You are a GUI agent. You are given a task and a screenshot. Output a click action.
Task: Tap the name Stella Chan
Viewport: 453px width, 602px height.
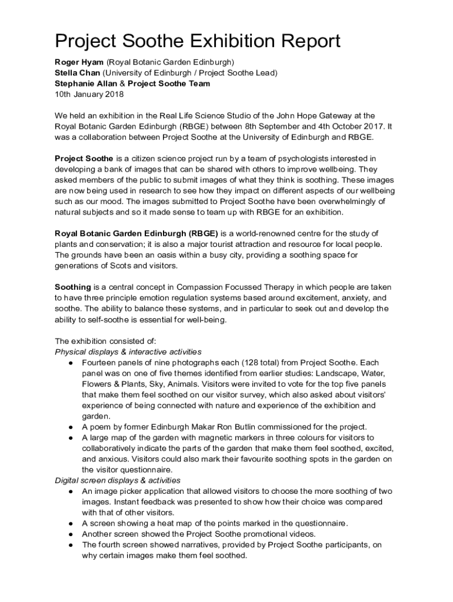click(78, 73)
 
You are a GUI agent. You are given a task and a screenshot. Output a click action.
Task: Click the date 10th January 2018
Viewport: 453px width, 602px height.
click(86, 94)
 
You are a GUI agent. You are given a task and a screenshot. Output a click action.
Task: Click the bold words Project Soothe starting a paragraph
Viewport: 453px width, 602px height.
click(84, 159)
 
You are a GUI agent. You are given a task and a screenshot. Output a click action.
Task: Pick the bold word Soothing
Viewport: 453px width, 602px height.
click(73, 287)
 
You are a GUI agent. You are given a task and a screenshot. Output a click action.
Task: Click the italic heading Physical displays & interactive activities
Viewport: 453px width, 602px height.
click(128, 352)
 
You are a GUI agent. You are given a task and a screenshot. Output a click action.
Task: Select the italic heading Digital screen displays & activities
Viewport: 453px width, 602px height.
click(118, 480)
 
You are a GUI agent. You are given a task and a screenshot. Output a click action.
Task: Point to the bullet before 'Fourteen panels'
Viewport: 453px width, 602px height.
click(71, 363)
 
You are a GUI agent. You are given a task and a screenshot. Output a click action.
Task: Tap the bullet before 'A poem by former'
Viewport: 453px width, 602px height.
click(71, 427)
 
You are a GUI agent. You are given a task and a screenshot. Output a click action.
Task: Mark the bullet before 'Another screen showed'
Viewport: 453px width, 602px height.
click(71, 534)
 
